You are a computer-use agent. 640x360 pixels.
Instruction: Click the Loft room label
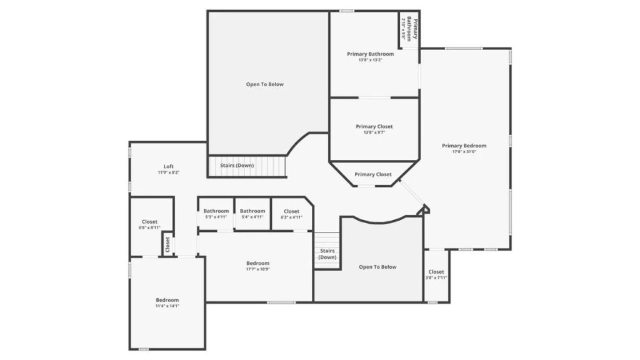[x=169, y=166]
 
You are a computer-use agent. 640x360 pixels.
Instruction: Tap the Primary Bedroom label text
[x=464, y=146]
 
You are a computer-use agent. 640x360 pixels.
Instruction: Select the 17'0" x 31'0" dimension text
[x=464, y=152]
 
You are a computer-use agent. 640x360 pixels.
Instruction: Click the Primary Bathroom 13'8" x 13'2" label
[x=371, y=54]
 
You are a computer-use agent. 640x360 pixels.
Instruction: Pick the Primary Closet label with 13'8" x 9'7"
[x=374, y=126]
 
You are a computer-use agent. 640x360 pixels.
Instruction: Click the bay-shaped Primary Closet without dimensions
[x=373, y=174]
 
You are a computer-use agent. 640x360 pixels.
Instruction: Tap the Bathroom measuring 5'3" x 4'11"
[x=216, y=211]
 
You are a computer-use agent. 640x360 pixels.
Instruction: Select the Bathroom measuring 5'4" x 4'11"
[x=252, y=211]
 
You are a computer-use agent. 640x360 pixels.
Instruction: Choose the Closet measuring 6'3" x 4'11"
[x=291, y=211]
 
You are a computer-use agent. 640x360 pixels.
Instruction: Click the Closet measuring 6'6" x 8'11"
[x=149, y=222]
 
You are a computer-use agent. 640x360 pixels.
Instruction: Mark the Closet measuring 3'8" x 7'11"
[x=436, y=272]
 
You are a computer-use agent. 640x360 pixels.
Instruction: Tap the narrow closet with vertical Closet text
[x=167, y=244]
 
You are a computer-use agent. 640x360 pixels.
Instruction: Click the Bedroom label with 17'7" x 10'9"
[x=257, y=263]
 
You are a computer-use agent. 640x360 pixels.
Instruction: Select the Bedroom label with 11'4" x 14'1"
[x=167, y=300]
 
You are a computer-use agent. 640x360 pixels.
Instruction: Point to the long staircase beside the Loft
[x=246, y=166]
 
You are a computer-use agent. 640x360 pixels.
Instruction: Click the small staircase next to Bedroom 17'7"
[x=327, y=251]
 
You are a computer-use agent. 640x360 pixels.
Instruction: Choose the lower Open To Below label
[x=377, y=267]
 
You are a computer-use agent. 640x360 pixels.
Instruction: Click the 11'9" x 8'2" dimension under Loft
[x=169, y=172]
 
